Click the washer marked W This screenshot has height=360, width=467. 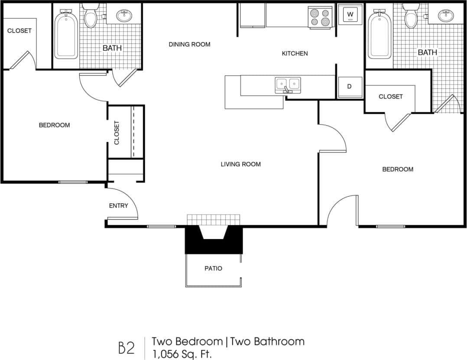click(x=350, y=15)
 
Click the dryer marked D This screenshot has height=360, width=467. click(x=349, y=86)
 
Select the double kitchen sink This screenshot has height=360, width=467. click(x=288, y=84)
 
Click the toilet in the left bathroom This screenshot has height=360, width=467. click(x=91, y=17)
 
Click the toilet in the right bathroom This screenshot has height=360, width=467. click(x=411, y=17)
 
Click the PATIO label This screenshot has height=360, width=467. click(x=213, y=269)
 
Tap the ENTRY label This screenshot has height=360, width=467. click(x=118, y=206)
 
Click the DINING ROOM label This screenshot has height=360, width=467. click(x=189, y=44)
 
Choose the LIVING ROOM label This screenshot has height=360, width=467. click(x=240, y=164)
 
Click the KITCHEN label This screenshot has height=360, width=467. click(x=295, y=53)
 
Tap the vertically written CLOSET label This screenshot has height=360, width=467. click(x=117, y=132)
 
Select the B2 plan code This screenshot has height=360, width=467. click(x=126, y=347)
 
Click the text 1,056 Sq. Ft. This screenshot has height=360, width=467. click(x=182, y=354)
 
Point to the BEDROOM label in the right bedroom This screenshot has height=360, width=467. click(x=397, y=169)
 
